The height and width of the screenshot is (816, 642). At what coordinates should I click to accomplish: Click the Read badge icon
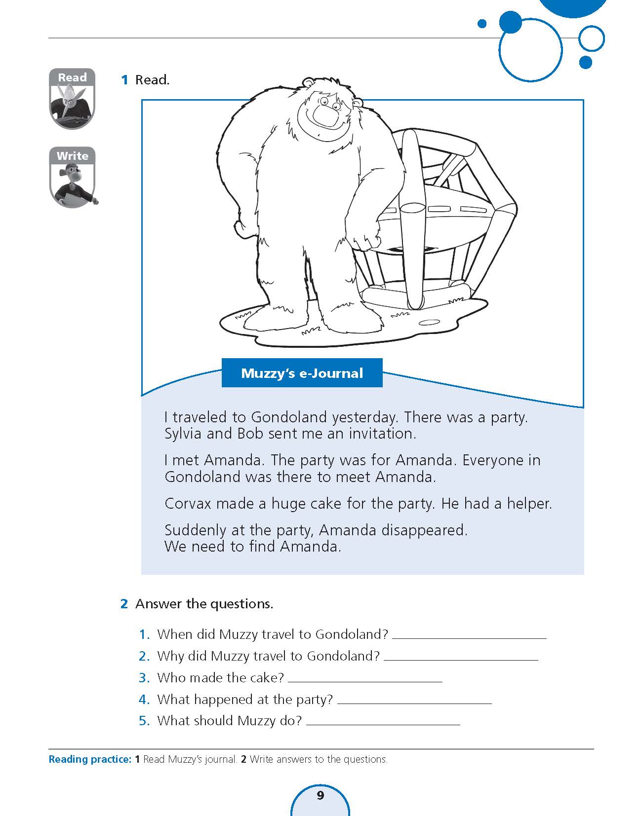[72, 99]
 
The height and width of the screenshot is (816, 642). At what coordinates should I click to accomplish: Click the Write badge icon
[73, 177]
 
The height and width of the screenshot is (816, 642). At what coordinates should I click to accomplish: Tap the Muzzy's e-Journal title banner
[302, 373]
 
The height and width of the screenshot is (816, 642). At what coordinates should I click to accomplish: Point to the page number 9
[320, 795]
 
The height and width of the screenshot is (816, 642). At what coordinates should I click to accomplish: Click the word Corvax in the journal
[188, 504]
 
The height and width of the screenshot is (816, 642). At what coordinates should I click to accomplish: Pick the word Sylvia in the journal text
[183, 434]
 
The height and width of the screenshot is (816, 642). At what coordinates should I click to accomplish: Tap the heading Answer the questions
[204, 604]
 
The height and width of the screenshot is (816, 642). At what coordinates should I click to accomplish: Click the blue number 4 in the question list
[144, 700]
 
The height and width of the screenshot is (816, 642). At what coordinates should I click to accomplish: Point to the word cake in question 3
[268, 678]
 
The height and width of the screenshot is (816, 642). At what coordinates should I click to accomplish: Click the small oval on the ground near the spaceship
[429, 323]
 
